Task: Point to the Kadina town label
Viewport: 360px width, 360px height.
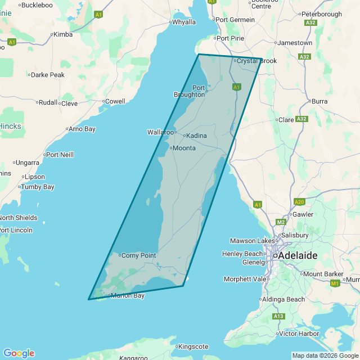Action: (196, 136)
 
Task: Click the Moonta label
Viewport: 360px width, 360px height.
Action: (183, 148)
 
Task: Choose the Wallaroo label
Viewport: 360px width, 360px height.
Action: (160, 132)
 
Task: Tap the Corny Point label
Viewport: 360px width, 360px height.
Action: (138, 255)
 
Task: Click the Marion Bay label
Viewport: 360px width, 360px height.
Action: (128, 295)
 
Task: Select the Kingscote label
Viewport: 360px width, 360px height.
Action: (193, 346)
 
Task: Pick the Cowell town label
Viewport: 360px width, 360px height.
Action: (115, 101)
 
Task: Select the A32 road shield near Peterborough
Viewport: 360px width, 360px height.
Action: (310, 23)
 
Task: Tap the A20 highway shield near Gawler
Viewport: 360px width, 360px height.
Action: (299, 201)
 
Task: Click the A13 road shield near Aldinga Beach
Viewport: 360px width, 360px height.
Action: (278, 317)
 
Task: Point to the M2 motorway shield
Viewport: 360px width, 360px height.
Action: (281, 222)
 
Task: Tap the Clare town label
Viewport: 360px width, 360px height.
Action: (286, 120)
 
